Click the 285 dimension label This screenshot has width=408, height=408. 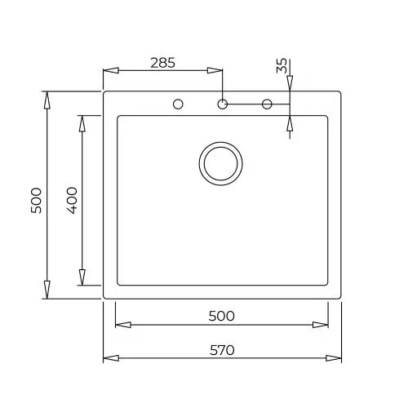pos(163,63)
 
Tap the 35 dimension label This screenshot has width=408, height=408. pos(282,65)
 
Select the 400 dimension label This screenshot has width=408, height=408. pos(72,200)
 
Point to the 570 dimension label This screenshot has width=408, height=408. pos(222,350)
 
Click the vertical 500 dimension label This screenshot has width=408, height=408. pos(36,200)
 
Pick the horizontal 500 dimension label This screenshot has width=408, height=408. pos(221,316)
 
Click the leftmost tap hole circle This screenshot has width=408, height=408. pos(178,104)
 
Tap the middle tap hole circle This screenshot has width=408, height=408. pos(223,104)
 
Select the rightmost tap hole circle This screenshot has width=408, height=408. pos(267,104)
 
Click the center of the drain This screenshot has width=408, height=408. pos(220,163)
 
